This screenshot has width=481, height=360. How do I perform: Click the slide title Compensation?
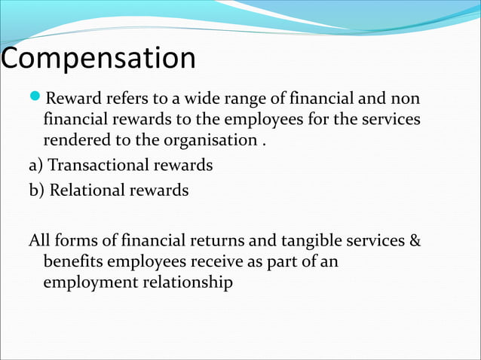click(x=98, y=59)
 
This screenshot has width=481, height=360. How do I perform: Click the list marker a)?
click(x=38, y=165)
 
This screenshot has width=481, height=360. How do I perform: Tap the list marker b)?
click(x=38, y=190)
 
